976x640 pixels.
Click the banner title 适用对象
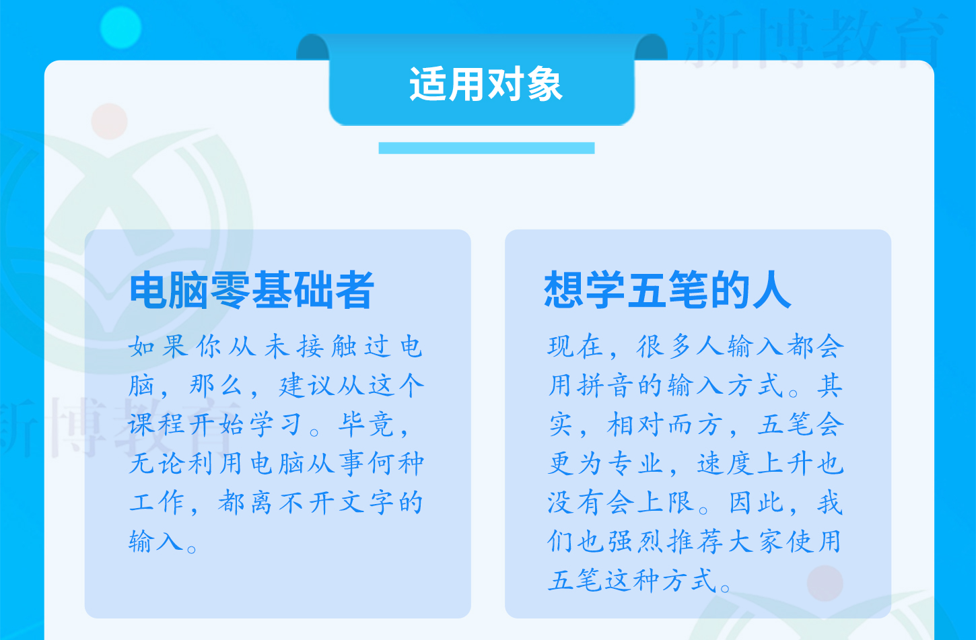point(486,85)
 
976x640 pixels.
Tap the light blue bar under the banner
point(486,147)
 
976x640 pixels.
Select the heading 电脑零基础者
point(252,290)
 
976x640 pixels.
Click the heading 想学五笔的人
point(667,290)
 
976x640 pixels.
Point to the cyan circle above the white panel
point(120,28)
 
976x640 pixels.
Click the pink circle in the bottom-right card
point(825,583)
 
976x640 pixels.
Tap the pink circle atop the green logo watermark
point(109,121)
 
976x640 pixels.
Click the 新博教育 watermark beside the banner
point(814,38)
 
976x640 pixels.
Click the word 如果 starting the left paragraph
point(159,347)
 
